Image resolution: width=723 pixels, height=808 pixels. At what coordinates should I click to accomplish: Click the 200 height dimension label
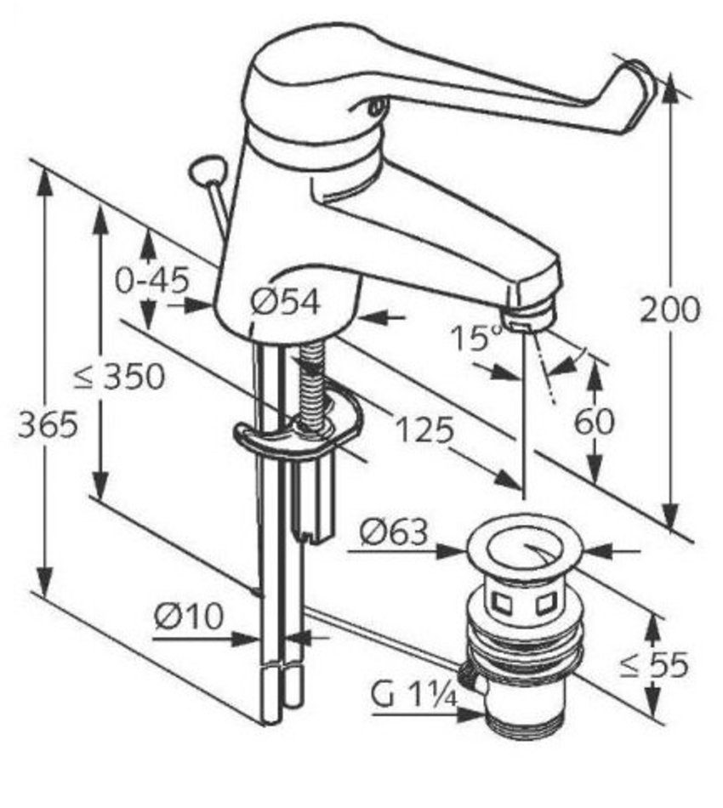(670, 310)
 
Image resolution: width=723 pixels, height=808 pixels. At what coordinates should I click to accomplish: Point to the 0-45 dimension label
(151, 281)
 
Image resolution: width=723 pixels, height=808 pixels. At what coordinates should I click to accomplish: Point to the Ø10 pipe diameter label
(189, 616)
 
